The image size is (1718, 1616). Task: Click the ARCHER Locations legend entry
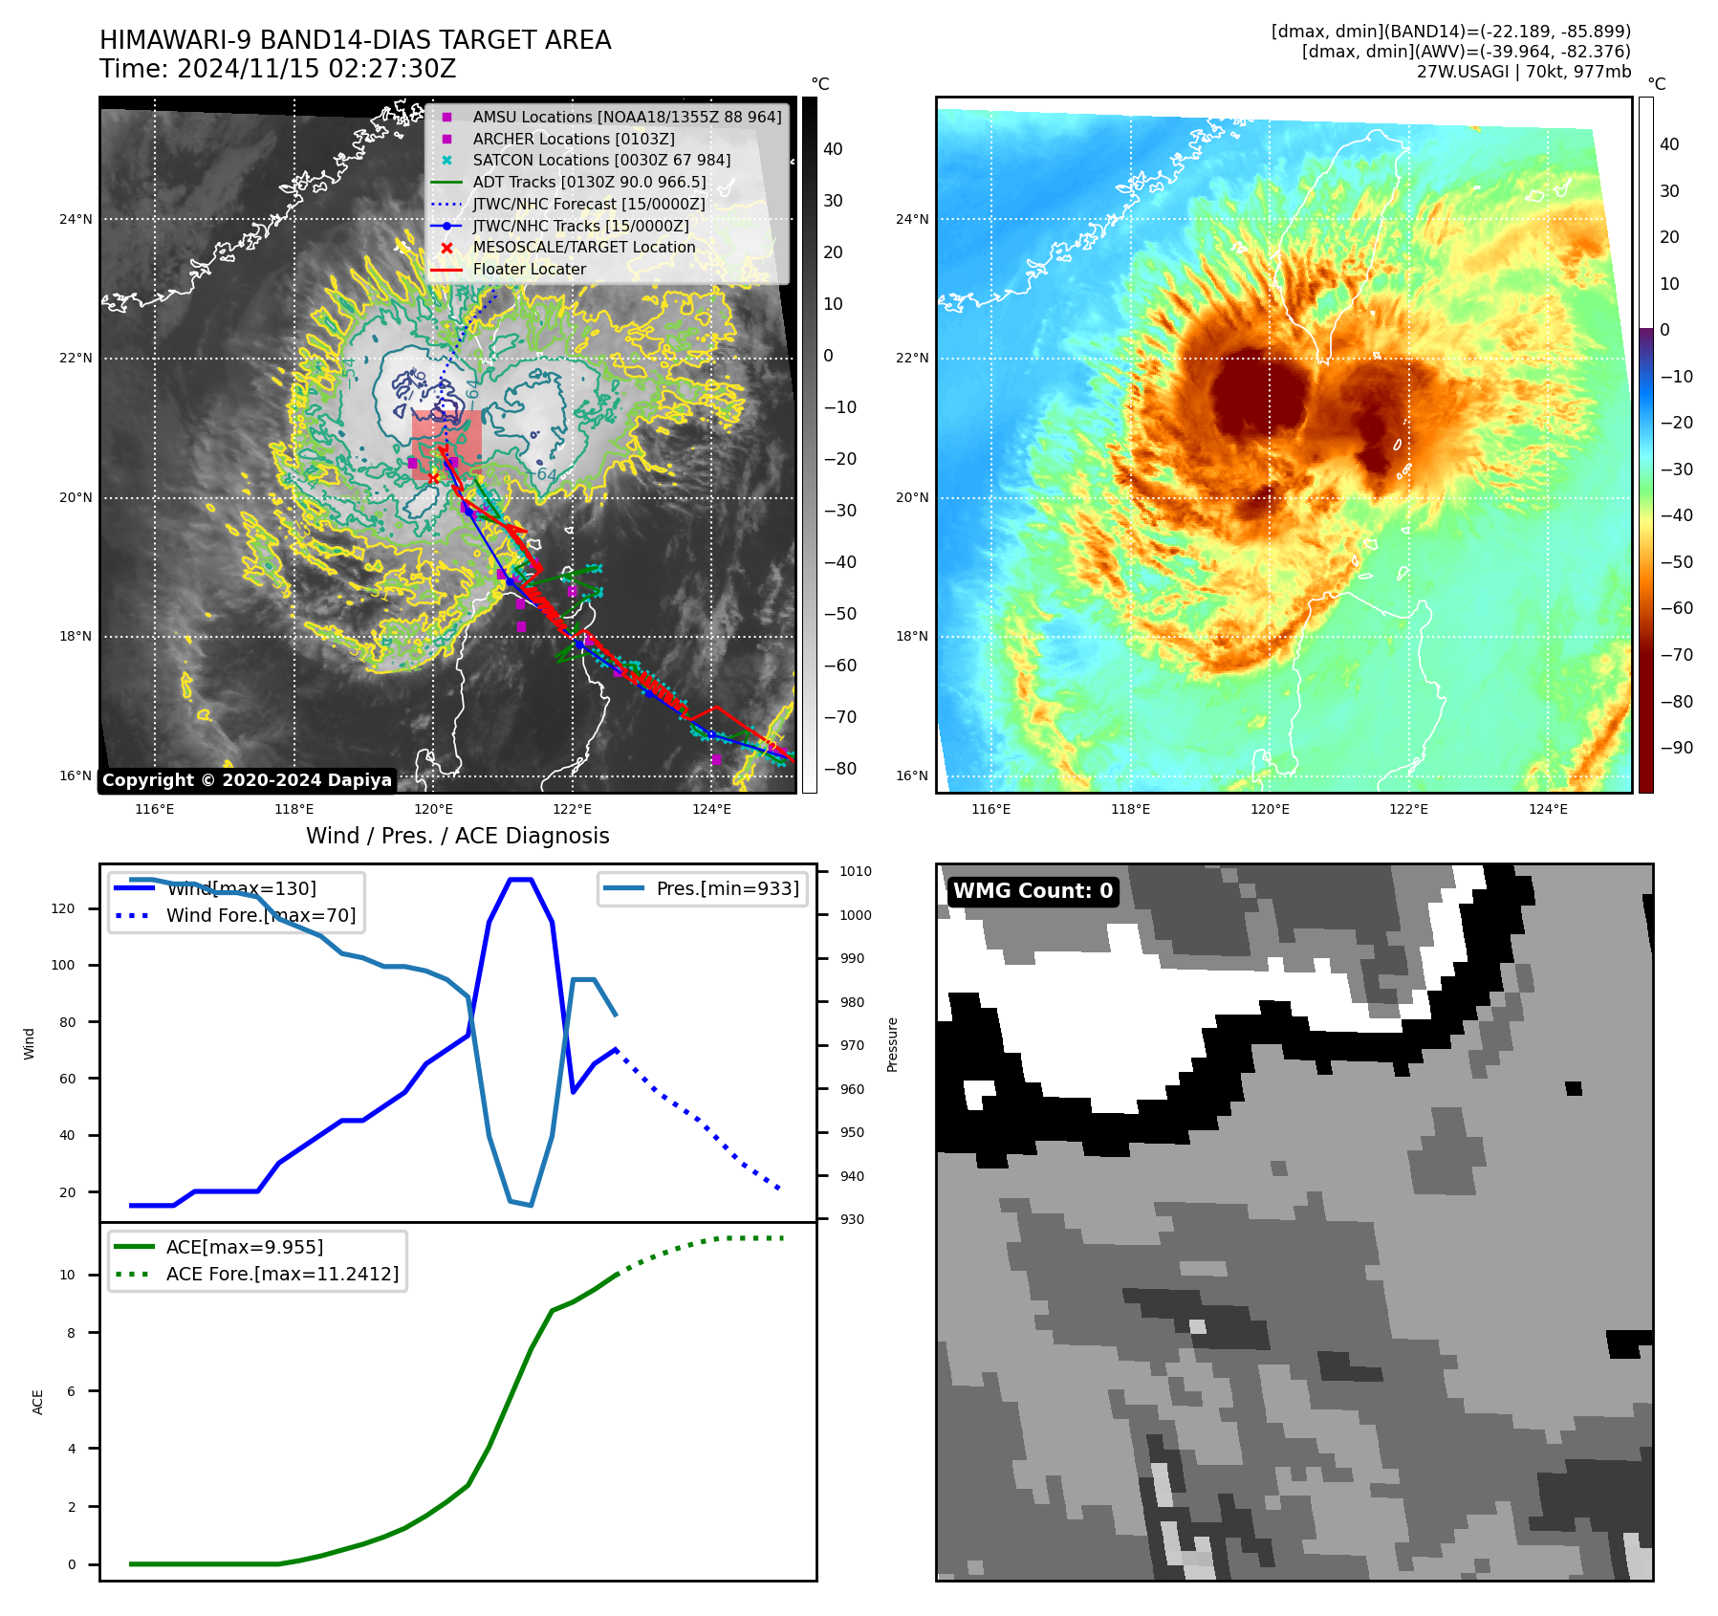[573, 139]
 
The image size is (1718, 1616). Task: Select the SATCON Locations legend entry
[600, 160]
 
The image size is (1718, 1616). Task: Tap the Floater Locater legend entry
[529, 269]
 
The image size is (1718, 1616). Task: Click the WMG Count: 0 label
[1033, 891]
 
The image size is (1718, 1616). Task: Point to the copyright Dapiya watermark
[247, 780]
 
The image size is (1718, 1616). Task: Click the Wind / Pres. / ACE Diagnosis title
[457, 836]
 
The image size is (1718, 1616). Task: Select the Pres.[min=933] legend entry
[727, 888]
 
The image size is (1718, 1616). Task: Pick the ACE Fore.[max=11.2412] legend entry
[282, 1274]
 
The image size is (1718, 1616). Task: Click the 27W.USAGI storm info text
[1523, 72]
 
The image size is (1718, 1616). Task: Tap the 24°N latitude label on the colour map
[911, 219]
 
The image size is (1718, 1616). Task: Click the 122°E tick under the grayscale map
[572, 809]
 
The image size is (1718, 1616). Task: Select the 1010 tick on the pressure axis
[855, 871]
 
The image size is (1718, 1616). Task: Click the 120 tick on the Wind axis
[63, 908]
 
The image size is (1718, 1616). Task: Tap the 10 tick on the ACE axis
[68, 1275]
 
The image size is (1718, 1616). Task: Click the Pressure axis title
[892, 1044]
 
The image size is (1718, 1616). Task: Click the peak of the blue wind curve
[520, 880]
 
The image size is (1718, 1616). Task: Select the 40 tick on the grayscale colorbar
[833, 149]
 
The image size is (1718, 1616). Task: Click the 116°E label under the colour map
[990, 809]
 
